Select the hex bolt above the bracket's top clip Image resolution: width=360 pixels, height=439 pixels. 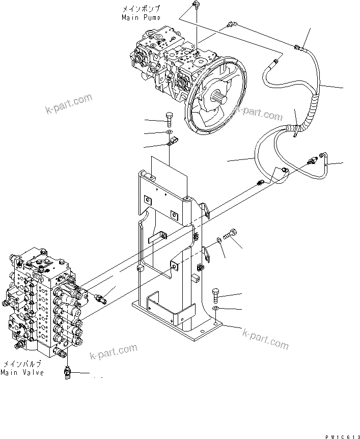coord(169,119)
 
